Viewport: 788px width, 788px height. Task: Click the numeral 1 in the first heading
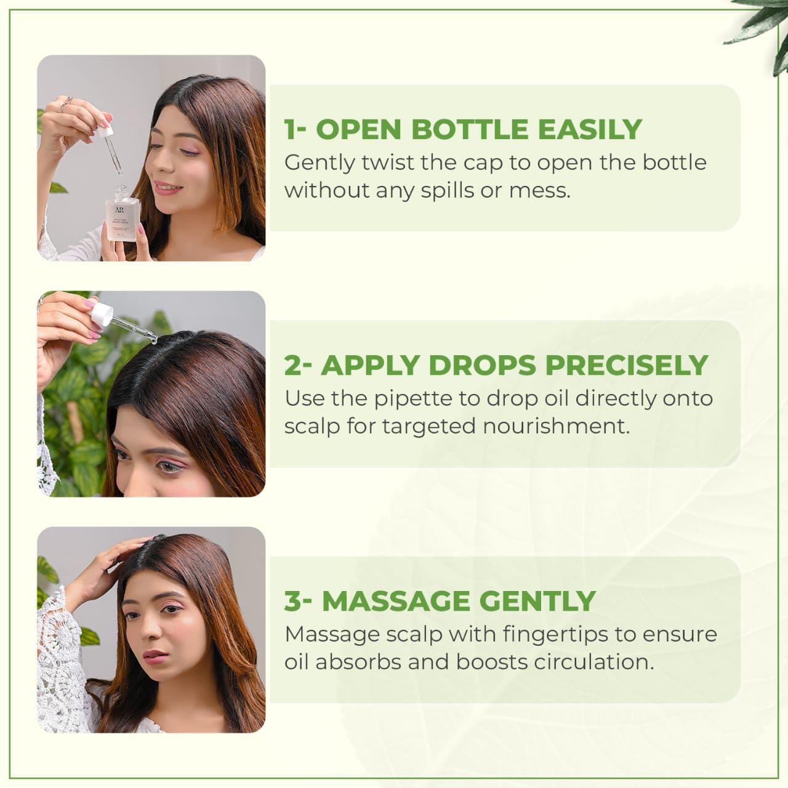pos(289,130)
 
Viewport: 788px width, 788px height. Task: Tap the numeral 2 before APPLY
pos(292,366)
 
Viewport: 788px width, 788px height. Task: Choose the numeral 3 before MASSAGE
pos(293,601)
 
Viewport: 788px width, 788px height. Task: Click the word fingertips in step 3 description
pos(555,635)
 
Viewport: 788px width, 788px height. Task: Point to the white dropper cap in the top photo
pos(107,131)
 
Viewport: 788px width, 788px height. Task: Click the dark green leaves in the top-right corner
pos(763,31)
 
